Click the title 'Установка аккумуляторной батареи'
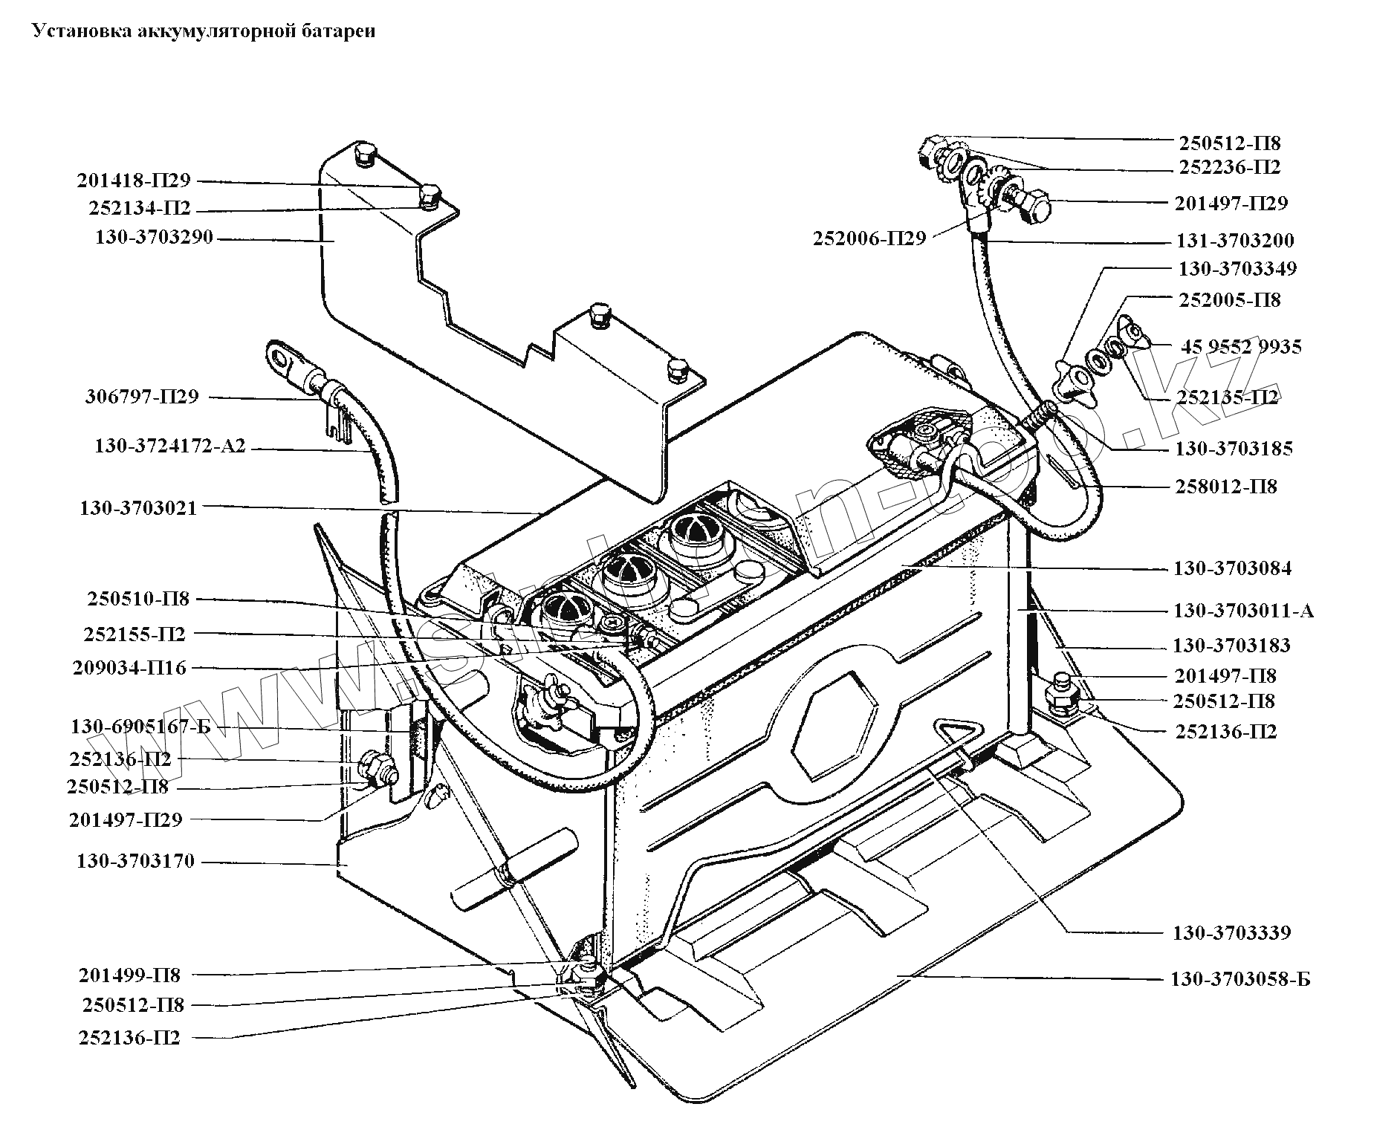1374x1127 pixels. tap(201, 30)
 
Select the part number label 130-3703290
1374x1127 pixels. tap(155, 238)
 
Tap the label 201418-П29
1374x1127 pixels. tap(134, 181)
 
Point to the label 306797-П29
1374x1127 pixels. tap(143, 397)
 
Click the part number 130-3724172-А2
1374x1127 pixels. tap(170, 447)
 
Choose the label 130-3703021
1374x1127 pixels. tap(139, 508)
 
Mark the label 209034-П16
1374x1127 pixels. tap(130, 668)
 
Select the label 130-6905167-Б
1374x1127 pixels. tap(141, 727)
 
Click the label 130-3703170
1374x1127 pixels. tap(135, 861)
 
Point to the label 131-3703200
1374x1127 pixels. tap(1235, 240)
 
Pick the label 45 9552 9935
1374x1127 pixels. tap(1241, 347)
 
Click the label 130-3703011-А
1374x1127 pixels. tap(1244, 611)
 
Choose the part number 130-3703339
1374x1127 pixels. tap(1232, 932)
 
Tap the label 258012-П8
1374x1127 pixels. tap(1226, 487)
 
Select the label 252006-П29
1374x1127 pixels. tap(869, 238)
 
